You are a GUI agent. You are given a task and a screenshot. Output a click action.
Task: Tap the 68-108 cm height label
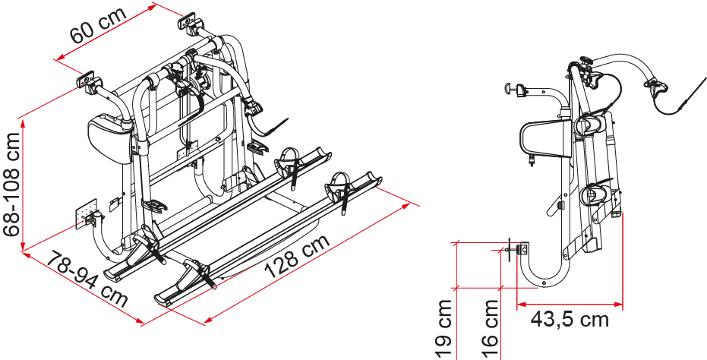tap(11, 184)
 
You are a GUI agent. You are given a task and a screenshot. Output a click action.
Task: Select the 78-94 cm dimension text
tap(87, 279)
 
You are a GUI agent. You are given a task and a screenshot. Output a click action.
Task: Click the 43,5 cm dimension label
tap(570, 320)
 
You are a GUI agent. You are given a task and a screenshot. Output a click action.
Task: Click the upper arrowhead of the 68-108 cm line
tap(22, 122)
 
